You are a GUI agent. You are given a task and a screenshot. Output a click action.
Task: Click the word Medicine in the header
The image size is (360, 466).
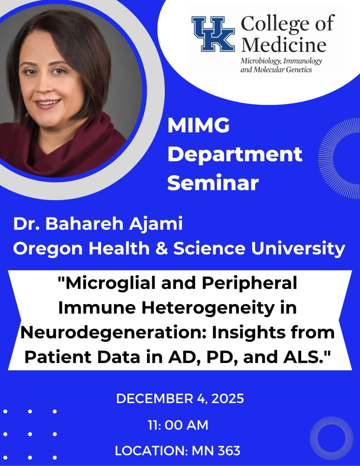pos(283,45)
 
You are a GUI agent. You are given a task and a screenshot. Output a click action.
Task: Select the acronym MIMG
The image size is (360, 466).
pos(198,126)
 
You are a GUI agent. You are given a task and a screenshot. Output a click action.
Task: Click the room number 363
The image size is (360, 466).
pos(228,450)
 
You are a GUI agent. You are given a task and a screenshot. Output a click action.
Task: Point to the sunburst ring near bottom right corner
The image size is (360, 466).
pos(332,438)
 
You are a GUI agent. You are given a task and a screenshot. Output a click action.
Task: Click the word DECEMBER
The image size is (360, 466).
pos(148,399)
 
